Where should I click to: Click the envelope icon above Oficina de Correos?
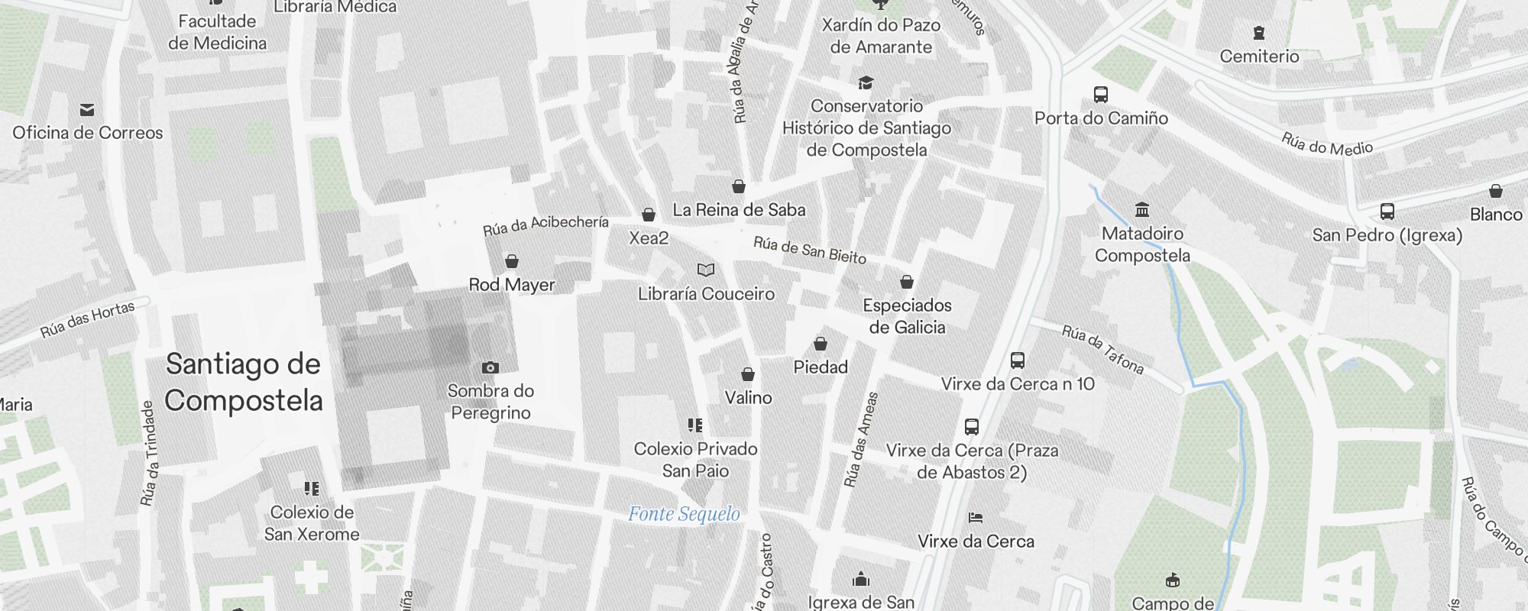tap(87, 110)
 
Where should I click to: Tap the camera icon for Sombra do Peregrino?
tap(490, 368)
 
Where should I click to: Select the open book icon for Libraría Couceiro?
tap(706, 270)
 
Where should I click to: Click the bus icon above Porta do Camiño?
tap(1101, 95)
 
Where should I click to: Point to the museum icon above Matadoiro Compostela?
tap(1142, 210)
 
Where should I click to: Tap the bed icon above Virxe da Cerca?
tap(976, 518)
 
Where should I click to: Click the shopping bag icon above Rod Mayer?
tap(512, 262)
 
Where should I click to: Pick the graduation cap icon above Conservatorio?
tap(866, 82)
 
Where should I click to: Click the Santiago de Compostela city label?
tap(244, 382)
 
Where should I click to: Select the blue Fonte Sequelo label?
tap(684, 514)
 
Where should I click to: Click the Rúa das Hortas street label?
tap(88, 319)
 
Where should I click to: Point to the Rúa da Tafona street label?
tap(1102, 351)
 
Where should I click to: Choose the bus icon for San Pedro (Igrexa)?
tap(1387, 212)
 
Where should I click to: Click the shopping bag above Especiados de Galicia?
tap(907, 283)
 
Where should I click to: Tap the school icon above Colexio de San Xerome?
tap(311, 488)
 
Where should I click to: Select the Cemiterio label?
tap(1259, 56)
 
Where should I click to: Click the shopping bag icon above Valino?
tap(748, 374)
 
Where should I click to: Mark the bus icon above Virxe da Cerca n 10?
tap(1018, 360)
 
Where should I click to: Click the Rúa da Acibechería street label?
tap(545, 225)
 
